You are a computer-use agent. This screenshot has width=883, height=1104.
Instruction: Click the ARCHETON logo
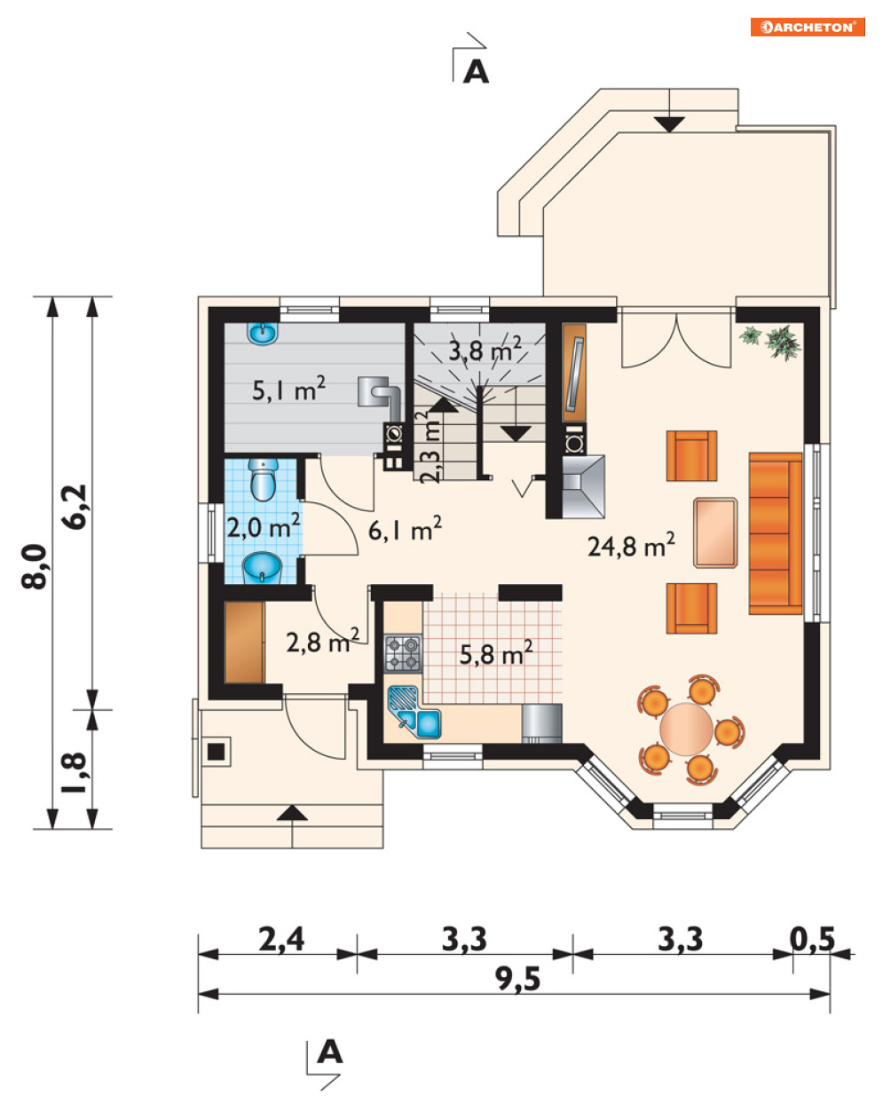[807, 27]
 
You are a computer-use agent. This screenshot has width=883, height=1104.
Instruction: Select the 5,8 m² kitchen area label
[495, 653]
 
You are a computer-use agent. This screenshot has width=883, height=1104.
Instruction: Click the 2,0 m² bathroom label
[264, 525]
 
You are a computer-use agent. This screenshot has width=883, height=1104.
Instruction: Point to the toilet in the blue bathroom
[264, 478]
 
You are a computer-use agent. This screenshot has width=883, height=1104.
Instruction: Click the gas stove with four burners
[403, 653]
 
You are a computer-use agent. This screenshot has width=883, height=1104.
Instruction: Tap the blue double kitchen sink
[414, 712]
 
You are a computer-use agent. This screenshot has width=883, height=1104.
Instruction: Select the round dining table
[686, 729]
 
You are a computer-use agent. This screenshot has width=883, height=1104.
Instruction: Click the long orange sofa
[776, 533]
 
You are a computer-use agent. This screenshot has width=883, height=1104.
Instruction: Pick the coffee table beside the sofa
[715, 532]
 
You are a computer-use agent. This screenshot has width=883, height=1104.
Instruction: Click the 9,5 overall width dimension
[517, 980]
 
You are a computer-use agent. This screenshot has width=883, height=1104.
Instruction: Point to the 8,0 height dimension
[35, 566]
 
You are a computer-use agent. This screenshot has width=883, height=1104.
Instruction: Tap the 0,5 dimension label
[812, 939]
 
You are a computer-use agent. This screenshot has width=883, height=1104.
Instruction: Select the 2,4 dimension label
[281, 939]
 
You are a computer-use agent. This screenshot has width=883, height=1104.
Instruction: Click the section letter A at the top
[476, 72]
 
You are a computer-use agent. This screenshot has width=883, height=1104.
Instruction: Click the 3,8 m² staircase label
[485, 351]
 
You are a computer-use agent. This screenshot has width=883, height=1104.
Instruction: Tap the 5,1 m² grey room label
[288, 390]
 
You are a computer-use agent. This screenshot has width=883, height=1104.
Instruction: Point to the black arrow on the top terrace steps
[669, 124]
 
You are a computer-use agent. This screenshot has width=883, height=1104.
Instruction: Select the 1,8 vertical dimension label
[74, 773]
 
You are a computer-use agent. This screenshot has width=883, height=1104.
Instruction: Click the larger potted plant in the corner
[783, 343]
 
